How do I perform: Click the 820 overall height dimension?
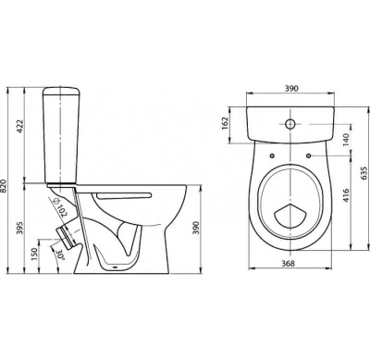coord(4,186)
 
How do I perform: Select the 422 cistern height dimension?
coord(20,126)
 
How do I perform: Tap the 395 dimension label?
coord(20,228)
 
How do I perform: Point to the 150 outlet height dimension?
coord(34,254)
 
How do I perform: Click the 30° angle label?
coord(60,254)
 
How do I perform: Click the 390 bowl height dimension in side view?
coord(196,228)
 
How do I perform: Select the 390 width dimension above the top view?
coord(291,89)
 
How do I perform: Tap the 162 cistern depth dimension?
coord(225,123)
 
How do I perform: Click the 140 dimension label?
coord(346,140)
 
